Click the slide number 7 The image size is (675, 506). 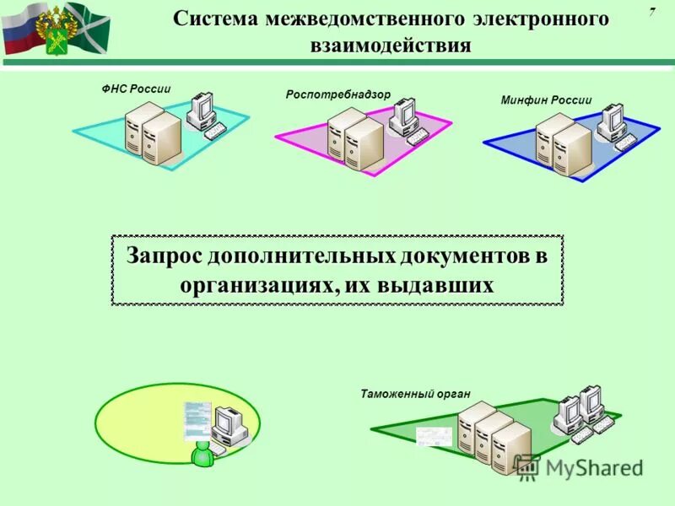652,11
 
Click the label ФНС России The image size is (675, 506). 135,89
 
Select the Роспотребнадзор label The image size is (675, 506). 338,94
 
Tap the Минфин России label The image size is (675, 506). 546,100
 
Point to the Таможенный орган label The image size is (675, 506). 414,394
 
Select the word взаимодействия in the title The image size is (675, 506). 391,45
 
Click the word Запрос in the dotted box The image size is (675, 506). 165,256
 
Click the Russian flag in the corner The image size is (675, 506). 19,27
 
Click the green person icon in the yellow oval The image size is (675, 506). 202,453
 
